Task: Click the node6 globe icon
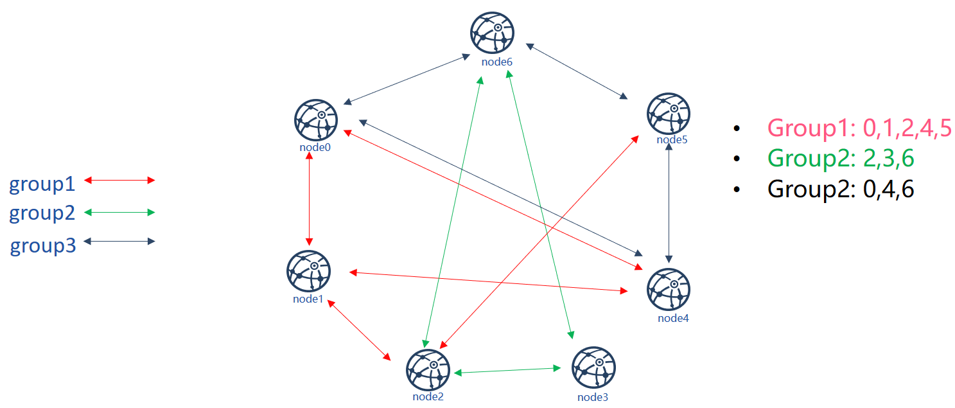pos(492,33)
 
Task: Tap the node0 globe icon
pos(316,120)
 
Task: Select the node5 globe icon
pos(669,113)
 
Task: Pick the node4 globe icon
pos(669,289)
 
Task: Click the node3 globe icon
pos(593,368)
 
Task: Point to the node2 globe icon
pos(428,369)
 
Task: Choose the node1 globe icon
pos(309,271)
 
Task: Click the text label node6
pos(496,62)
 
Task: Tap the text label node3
pos(593,397)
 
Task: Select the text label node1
pos(308,299)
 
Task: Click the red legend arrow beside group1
pos(119,181)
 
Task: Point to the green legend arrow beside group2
pos(119,212)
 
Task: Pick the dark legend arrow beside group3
pos(119,242)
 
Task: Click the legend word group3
pos(43,246)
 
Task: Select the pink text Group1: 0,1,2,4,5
pos(859,128)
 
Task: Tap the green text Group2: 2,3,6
pos(841,158)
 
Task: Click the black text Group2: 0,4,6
pos(841,189)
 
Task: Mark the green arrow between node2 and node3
pos(507,371)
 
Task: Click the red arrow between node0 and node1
pos(310,199)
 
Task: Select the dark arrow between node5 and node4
pos(669,203)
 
